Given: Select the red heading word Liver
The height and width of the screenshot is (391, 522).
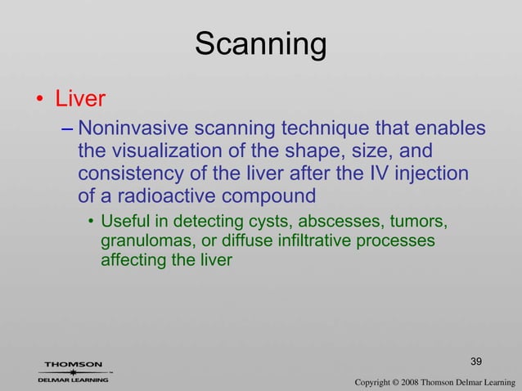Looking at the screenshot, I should [x=80, y=100].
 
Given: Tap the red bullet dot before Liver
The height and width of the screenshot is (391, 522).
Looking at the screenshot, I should [x=38, y=101].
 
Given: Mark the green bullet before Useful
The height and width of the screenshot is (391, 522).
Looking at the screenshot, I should [x=91, y=222].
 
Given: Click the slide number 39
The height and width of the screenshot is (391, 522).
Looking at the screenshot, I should [x=477, y=361].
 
